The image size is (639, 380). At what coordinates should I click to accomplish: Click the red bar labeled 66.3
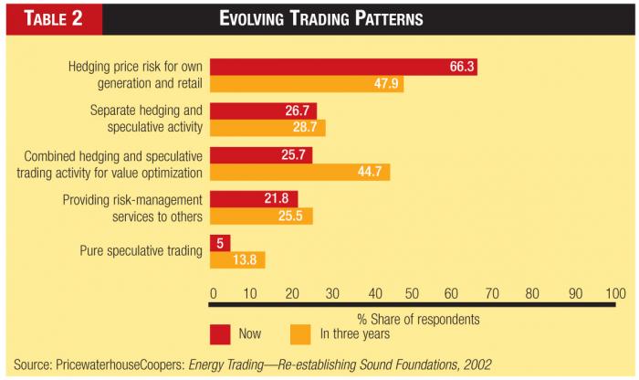pos(343,67)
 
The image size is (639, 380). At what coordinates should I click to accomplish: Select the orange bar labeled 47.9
pos(307,84)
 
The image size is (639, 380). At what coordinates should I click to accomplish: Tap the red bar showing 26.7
pos(264,111)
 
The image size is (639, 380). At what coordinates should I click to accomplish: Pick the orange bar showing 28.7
pos(267,128)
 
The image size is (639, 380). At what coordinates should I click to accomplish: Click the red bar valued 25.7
pos(262,154)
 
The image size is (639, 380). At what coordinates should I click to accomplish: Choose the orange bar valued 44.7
pos(300,172)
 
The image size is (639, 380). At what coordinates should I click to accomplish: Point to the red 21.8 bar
pos(254,198)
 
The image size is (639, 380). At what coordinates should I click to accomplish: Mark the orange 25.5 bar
pos(261,216)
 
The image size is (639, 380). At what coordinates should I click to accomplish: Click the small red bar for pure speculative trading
pos(220,242)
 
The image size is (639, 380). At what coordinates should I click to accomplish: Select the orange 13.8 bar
pos(237,259)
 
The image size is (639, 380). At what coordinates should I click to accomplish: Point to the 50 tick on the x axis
pos(413,292)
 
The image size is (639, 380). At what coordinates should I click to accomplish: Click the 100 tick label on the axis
pos(615,292)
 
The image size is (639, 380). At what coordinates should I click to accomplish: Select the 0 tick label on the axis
pos(213,292)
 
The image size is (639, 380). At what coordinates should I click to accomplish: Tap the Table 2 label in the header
pos(49,18)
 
